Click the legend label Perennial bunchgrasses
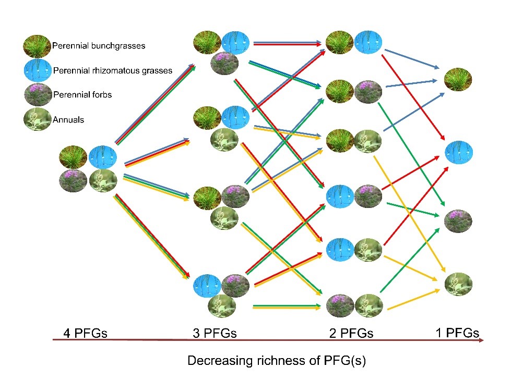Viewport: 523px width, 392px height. click(x=99, y=46)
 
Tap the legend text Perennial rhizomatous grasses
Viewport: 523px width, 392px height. click(x=113, y=70)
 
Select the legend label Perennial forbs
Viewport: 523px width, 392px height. click(x=82, y=95)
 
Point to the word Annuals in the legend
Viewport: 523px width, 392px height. click(x=68, y=119)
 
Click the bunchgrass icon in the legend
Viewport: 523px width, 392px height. click(x=37, y=46)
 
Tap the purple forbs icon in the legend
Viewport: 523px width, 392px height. click(x=38, y=95)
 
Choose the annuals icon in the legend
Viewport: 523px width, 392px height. click(x=38, y=119)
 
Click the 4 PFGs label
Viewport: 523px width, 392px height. click(x=85, y=333)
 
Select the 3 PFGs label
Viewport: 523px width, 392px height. click(x=215, y=333)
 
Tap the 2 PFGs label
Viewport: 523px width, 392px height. click(x=351, y=333)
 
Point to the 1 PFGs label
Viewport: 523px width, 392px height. click(x=458, y=332)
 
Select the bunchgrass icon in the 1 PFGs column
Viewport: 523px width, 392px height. click(x=458, y=79)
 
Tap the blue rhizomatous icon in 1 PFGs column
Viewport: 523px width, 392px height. click(x=458, y=152)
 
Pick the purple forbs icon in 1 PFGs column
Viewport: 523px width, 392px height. click(x=458, y=221)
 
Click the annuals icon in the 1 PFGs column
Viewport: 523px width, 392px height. click(x=458, y=284)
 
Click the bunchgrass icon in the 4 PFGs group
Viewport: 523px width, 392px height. click(x=73, y=157)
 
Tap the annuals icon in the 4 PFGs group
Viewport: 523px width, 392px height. click(x=103, y=180)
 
